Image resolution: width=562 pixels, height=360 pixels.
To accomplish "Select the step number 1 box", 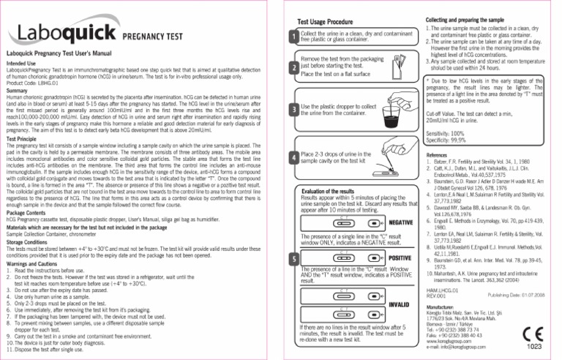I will pos(293,37).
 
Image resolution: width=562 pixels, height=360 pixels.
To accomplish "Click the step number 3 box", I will pos(293,110).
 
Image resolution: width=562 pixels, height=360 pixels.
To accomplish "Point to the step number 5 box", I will pos(293,259).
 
